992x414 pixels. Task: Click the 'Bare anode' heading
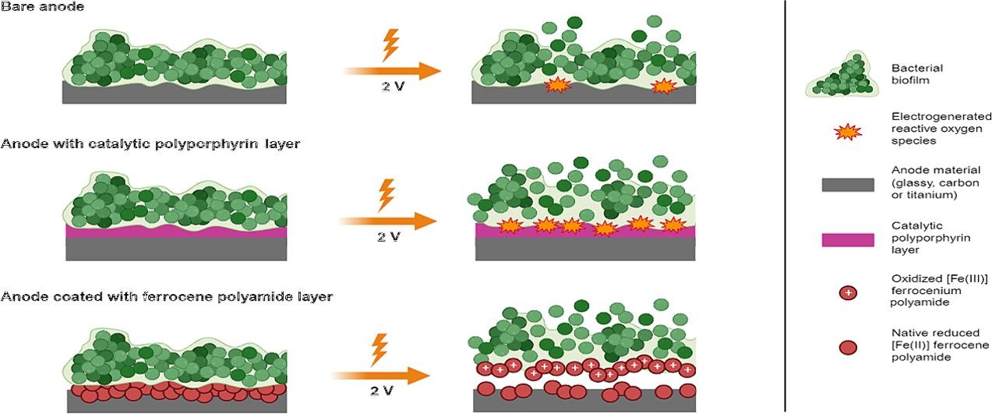click(x=43, y=7)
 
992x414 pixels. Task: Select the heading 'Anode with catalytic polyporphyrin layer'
click(x=150, y=144)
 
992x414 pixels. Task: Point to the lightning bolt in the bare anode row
click(x=390, y=44)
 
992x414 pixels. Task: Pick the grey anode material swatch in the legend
click(x=847, y=185)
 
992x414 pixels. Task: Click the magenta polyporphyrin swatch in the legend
click(x=847, y=239)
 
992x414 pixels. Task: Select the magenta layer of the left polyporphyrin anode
click(x=176, y=232)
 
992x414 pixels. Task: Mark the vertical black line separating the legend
click(x=785, y=207)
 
